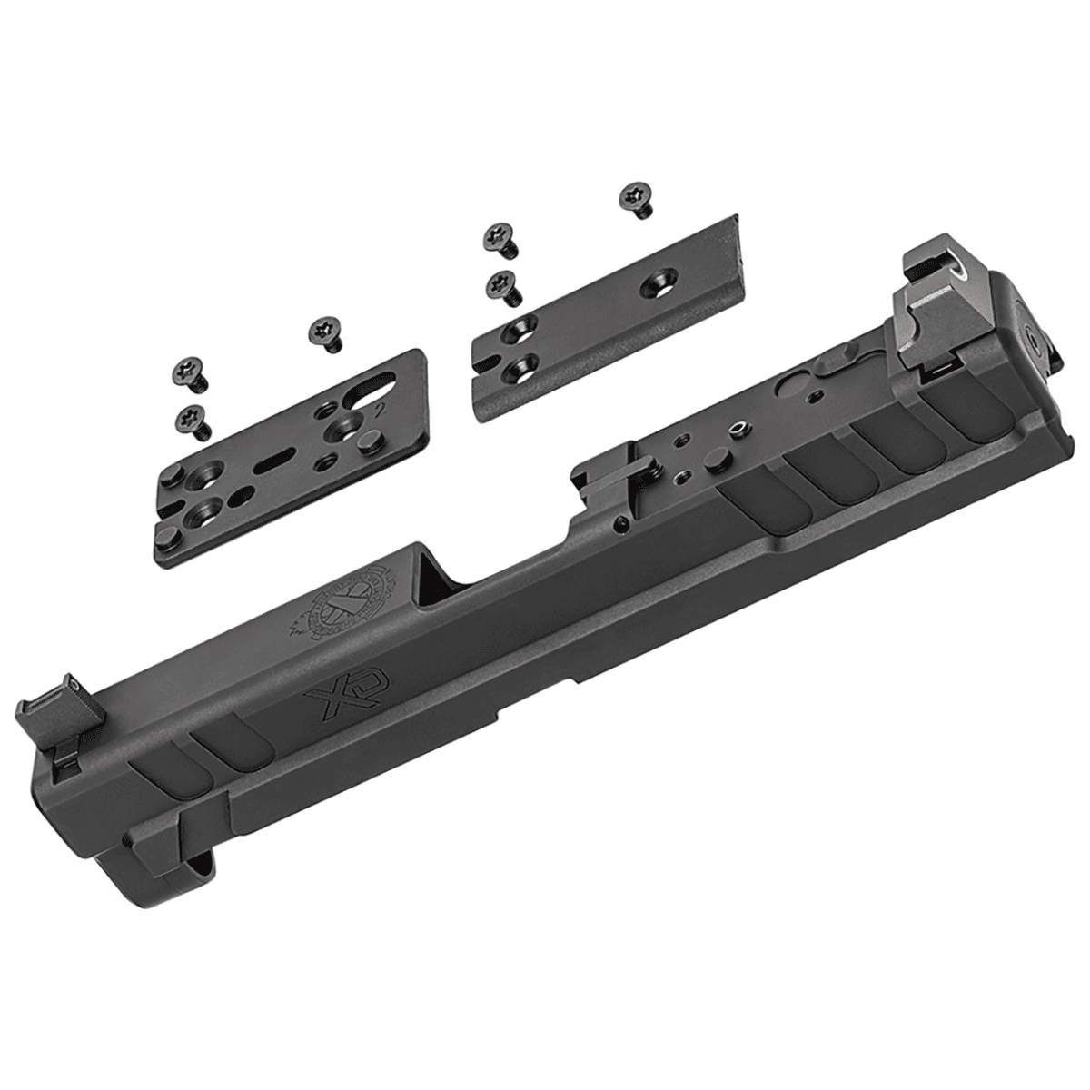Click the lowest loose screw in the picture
tap(192, 419)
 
